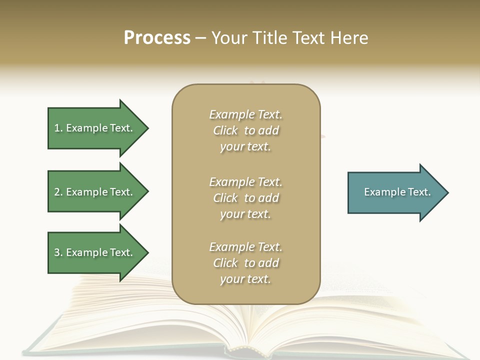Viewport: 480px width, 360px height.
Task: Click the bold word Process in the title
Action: click(x=157, y=38)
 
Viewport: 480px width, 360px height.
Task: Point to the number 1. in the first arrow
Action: click(x=58, y=128)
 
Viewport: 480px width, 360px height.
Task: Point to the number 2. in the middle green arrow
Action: click(x=58, y=192)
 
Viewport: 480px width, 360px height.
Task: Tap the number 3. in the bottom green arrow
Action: click(x=58, y=252)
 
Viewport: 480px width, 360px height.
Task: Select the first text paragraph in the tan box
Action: click(x=245, y=130)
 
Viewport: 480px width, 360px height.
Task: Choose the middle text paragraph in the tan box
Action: click(x=245, y=198)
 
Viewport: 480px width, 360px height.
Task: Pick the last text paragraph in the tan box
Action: click(x=245, y=263)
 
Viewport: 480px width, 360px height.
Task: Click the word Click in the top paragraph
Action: click(x=225, y=130)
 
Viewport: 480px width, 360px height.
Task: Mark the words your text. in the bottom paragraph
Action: click(x=245, y=279)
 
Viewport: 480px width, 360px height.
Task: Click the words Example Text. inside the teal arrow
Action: click(x=397, y=192)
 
